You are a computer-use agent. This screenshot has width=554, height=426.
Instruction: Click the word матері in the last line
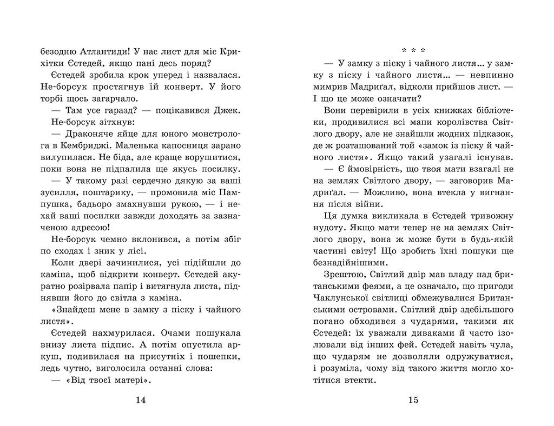click(x=130, y=380)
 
